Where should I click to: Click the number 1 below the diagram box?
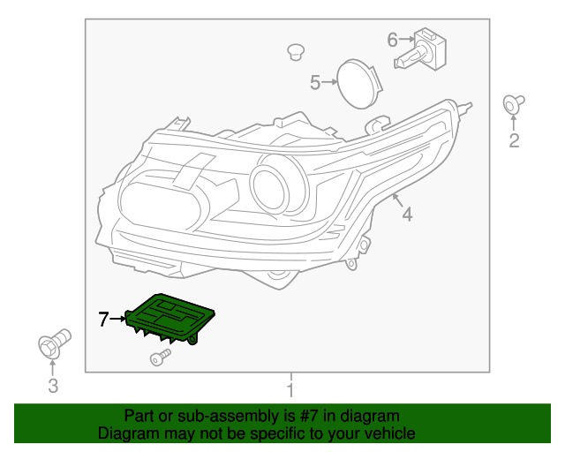[290, 389]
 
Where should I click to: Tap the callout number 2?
[513, 140]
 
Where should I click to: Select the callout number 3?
[52, 385]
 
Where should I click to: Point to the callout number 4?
[407, 214]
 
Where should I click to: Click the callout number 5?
[315, 83]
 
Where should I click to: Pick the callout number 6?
[393, 39]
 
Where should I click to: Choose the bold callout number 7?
[103, 320]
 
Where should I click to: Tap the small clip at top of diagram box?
[296, 52]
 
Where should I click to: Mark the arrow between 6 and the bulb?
[407, 39]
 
